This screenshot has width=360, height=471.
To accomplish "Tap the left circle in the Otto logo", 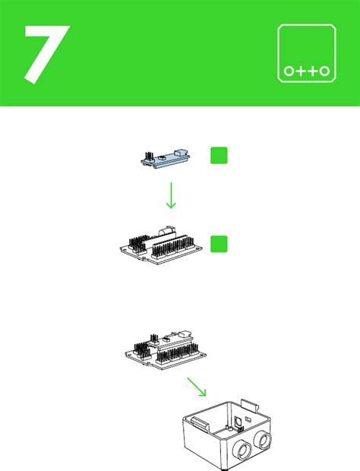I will (x=289, y=71).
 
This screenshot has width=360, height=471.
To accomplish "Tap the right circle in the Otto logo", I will (x=325, y=71).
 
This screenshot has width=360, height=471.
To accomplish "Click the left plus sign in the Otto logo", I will (x=302, y=71).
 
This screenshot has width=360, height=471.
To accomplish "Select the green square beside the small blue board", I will (x=219, y=155).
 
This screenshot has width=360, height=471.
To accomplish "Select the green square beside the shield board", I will (x=219, y=244).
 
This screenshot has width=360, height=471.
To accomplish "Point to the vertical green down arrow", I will (x=171, y=194).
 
